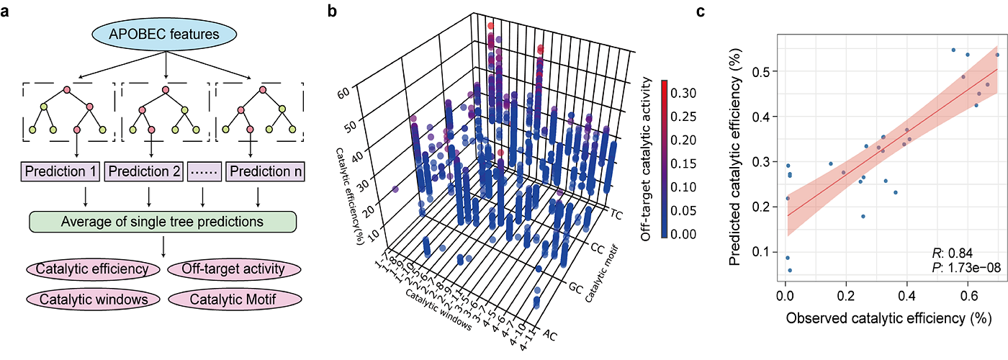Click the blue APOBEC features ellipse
coord(166,33)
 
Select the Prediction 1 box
coord(60,172)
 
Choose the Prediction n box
coord(266,172)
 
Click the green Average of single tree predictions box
coord(163,221)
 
